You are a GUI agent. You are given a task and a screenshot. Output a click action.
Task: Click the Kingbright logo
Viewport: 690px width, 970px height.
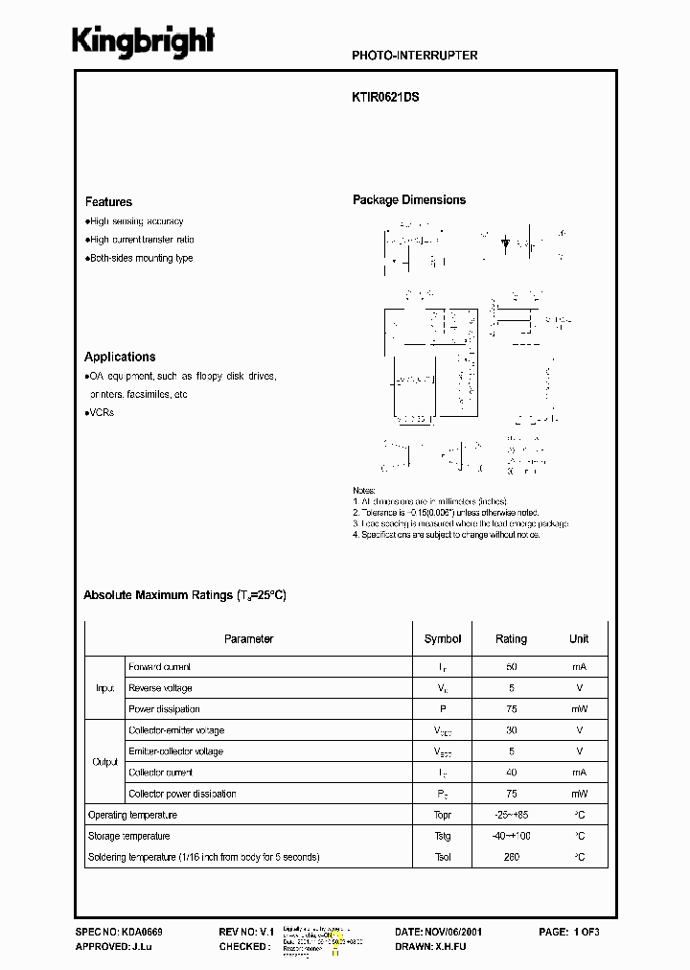click(144, 42)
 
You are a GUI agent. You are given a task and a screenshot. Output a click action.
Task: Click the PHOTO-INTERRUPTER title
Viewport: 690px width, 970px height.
click(415, 56)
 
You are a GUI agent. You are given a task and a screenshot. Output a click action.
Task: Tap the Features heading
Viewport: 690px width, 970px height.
click(108, 202)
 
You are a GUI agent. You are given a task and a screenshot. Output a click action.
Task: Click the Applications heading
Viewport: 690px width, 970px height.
click(120, 357)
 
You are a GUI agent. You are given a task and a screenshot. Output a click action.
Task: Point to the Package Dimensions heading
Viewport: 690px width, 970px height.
click(409, 200)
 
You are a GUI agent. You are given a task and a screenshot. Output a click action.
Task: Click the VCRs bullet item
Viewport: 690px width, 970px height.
click(101, 412)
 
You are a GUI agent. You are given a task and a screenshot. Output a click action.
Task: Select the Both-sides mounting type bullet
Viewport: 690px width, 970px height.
click(141, 258)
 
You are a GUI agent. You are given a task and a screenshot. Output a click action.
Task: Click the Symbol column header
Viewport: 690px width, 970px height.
click(442, 638)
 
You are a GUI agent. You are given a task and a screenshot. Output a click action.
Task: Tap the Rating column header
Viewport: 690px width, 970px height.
click(511, 638)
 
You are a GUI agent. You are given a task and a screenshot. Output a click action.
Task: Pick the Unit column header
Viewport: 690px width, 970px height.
click(579, 638)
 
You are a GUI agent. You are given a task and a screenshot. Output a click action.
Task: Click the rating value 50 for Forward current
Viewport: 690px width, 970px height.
click(511, 666)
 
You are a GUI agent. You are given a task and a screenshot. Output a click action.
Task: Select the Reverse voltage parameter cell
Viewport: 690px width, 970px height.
click(160, 687)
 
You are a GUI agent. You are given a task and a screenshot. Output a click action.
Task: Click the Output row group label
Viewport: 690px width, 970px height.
click(104, 762)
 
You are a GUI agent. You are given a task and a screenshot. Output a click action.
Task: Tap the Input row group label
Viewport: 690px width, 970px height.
click(104, 687)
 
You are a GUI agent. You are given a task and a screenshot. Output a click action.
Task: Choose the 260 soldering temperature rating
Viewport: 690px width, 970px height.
click(511, 856)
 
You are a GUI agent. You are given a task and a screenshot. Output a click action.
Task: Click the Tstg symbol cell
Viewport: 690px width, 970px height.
click(442, 836)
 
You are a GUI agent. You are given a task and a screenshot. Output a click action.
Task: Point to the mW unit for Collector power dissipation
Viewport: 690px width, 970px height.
click(579, 794)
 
